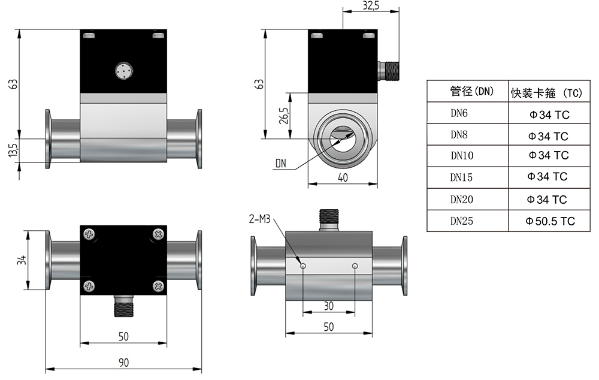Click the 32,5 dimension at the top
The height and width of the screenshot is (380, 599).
[371, 6]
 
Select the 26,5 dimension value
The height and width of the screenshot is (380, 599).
[284, 116]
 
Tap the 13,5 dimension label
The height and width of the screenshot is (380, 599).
[13, 150]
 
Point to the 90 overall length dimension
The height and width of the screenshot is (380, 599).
[123, 363]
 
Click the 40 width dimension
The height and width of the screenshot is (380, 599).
[343, 178]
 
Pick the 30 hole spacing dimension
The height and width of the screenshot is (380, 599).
[328, 306]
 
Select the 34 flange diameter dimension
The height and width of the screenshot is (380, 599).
[22, 260]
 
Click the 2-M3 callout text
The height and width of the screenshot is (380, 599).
[259, 219]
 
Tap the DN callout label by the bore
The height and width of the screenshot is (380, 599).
[281, 164]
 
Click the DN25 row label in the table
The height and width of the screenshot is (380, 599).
[461, 221]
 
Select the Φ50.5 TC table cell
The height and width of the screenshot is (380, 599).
[550, 221]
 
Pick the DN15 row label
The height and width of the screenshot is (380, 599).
[461, 177]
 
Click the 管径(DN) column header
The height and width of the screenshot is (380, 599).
[472, 91]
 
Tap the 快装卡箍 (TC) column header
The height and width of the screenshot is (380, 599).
[547, 92]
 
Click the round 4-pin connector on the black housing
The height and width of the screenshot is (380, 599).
[124, 71]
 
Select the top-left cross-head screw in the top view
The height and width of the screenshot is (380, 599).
[89, 234]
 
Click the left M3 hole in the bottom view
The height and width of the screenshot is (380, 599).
[303, 266]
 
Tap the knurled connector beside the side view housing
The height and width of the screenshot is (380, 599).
[389, 71]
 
